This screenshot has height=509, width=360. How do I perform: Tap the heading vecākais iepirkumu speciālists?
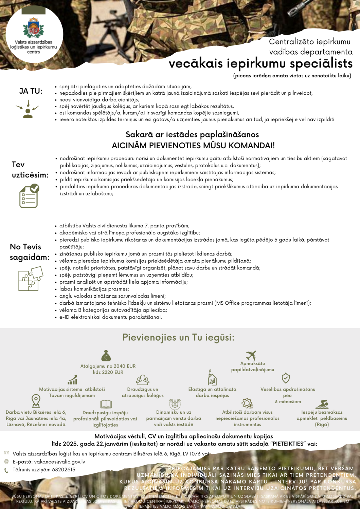[x=260, y=63]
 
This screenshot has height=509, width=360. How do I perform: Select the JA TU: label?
[x=31, y=91]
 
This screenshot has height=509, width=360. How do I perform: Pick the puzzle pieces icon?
[x=31, y=279]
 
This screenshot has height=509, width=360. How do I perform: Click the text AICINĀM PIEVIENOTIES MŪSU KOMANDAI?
[x=193, y=146]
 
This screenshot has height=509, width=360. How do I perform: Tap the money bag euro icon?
[x=106, y=356]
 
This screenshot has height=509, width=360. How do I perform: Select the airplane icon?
[x=251, y=355]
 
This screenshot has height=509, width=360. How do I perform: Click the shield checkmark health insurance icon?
[x=286, y=378]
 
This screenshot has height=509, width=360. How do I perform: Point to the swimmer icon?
[x=322, y=404]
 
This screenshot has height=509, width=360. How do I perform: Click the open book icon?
[x=106, y=404]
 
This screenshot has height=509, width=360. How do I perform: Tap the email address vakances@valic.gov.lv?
[x=59, y=462]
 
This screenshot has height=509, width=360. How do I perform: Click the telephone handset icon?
[x=6, y=470]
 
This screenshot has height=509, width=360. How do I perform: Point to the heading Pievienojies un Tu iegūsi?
[x=178, y=338]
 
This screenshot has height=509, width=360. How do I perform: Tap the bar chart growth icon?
[x=72, y=380]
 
